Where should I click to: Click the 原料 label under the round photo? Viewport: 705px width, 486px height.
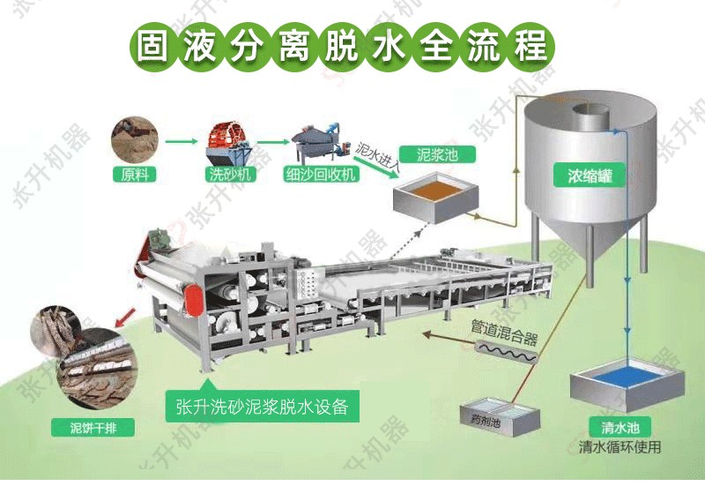(x=135, y=174)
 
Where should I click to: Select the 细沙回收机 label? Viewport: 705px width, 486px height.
(x=321, y=174)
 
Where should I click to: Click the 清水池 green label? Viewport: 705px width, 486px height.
(x=620, y=427)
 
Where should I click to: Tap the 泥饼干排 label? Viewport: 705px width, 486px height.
(x=93, y=428)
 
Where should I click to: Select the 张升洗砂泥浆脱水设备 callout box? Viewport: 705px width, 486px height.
(x=263, y=406)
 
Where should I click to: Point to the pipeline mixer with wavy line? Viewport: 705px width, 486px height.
(x=508, y=351)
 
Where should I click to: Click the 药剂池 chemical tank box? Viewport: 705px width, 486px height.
(x=500, y=416)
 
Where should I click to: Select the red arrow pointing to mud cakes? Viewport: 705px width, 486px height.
(x=125, y=317)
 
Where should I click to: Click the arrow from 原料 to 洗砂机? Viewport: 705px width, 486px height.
(x=182, y=141)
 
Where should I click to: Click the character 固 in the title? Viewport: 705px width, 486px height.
(x=152, y=47)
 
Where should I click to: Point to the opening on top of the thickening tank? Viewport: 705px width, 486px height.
(x=590, y=108)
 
